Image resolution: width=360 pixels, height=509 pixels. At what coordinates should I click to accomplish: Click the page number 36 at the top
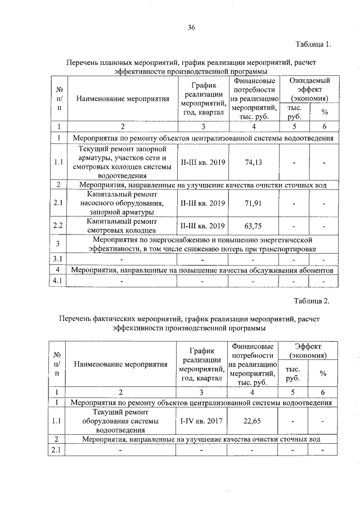click(x=191, y=28)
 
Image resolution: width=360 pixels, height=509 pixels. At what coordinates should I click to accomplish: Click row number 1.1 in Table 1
click(x=58, y=162)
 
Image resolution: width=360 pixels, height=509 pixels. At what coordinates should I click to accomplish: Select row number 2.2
click(x=58, y=226)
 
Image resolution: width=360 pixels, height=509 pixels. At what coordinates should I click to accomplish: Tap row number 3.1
click(x=58, y=259)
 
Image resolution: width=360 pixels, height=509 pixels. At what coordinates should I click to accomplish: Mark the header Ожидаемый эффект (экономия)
click(x=309, y=89)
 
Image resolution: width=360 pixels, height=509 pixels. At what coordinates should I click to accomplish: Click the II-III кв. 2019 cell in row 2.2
click(x=202, y=226)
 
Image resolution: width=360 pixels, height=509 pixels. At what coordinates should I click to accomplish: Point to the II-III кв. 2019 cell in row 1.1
click(x=202, y=162)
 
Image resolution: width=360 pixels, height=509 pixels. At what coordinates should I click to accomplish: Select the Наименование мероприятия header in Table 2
click(x=121, y=364)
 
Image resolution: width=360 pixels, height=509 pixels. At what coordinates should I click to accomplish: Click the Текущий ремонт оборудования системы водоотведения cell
click(x=120, y=420)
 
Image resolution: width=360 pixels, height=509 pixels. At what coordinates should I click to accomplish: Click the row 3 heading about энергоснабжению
click(x=200, y=244)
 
